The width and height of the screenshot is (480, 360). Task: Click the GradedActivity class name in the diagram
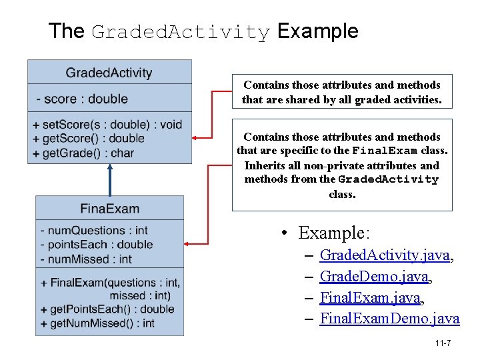tap(109, 73)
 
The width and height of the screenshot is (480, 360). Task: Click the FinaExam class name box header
tap(109, 209)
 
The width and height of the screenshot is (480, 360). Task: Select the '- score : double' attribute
tap(82, 99)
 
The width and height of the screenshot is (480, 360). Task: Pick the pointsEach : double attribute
tap(97, 245)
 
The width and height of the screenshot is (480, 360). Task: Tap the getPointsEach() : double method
tap(107, 309)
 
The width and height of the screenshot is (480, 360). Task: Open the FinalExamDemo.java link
tap(389, 319)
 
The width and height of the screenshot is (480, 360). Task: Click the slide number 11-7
tap(443, 343)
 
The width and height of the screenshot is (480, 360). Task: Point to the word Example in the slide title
tap(317, 31)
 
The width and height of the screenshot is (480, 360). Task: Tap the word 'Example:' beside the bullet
tap(333, 233)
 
